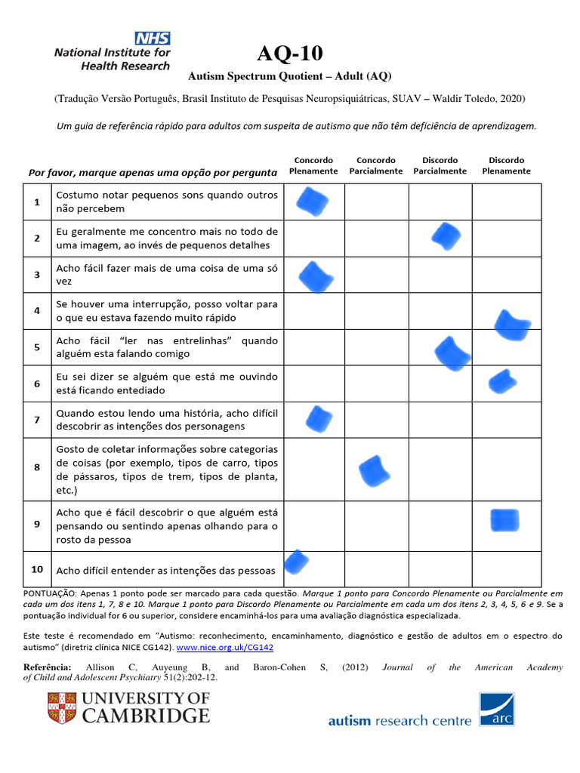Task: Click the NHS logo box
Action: (153, 38)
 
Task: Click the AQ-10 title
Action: (289, 54)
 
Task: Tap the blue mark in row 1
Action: (312, 202)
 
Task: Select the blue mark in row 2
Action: (446, 237)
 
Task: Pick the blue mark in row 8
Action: (375, 471)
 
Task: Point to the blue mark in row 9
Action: (504, 521)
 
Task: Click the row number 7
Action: (36, 419)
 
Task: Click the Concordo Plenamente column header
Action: (313, 165)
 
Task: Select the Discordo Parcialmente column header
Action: (440, 165)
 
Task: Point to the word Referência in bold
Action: (47, 667)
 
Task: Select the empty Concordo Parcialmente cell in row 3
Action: (376, 275)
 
